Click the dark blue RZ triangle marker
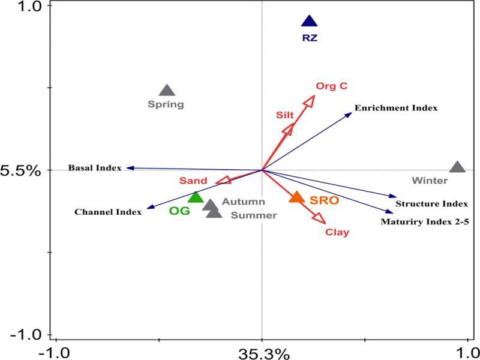click(x=309, y=22)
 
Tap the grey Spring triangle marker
click(x=167, y=91)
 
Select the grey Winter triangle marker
click(x=457, y=167)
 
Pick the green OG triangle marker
click(x=196, y=197)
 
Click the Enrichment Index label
click(x=396, y=109)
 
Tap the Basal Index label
click(x=95, y=168)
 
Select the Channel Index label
click(x=108, y=212)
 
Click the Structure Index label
click(x=431, y=204)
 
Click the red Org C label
click(x=331, y=86)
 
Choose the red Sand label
click(x=193, y=181)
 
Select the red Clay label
click(x=337, y=232)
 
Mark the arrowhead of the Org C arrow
click(x=310, y=100)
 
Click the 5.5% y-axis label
click(x=20, y=170)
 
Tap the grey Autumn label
click(x=243, y=202)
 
